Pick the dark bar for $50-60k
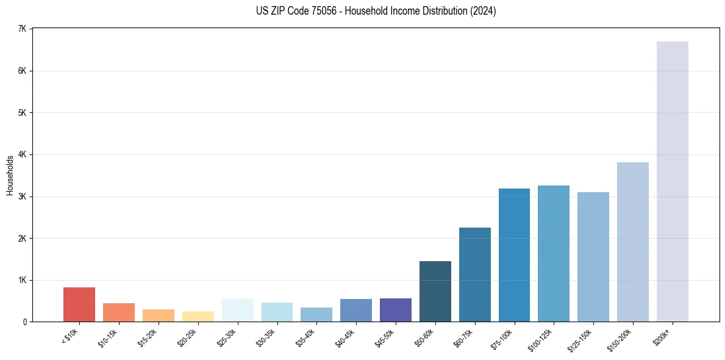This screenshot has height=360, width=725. click(435, 292)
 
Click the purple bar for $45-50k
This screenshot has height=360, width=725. click(396, 310)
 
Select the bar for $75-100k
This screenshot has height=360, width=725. click(514, 255)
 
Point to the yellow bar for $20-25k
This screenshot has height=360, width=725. click(198, 316)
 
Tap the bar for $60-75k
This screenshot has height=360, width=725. click(474, 275)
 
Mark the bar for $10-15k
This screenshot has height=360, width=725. click(119, 312)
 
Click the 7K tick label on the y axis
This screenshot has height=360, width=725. click(22, 29)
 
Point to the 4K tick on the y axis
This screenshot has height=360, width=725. click(22, 154)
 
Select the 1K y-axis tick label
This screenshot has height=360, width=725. click(22, 280)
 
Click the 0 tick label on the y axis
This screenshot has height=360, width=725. click(24, 322)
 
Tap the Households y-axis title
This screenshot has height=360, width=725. click(10, 175)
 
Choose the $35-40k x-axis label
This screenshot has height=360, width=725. click(307, 336)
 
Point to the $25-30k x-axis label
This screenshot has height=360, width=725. click(228, 336)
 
